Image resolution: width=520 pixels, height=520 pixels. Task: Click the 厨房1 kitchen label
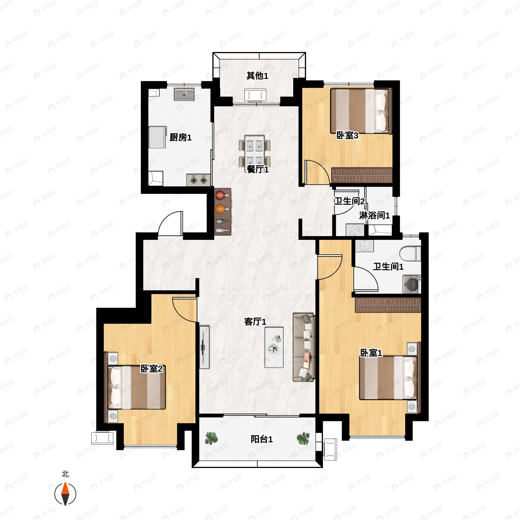(x=180, y=138)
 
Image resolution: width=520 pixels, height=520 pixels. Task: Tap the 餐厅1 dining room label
(x=258, y=169)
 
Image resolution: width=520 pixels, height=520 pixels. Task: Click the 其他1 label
(x=257, y=76)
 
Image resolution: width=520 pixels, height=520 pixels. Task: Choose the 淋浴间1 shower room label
(x=374, y=215)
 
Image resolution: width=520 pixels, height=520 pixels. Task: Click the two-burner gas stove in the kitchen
(x=198, y=180)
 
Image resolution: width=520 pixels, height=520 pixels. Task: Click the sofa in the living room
(x=304, y=347)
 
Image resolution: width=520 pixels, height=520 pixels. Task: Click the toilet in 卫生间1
(x=410, y=254)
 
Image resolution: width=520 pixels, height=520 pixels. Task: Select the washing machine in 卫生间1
(x=412, y=284)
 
